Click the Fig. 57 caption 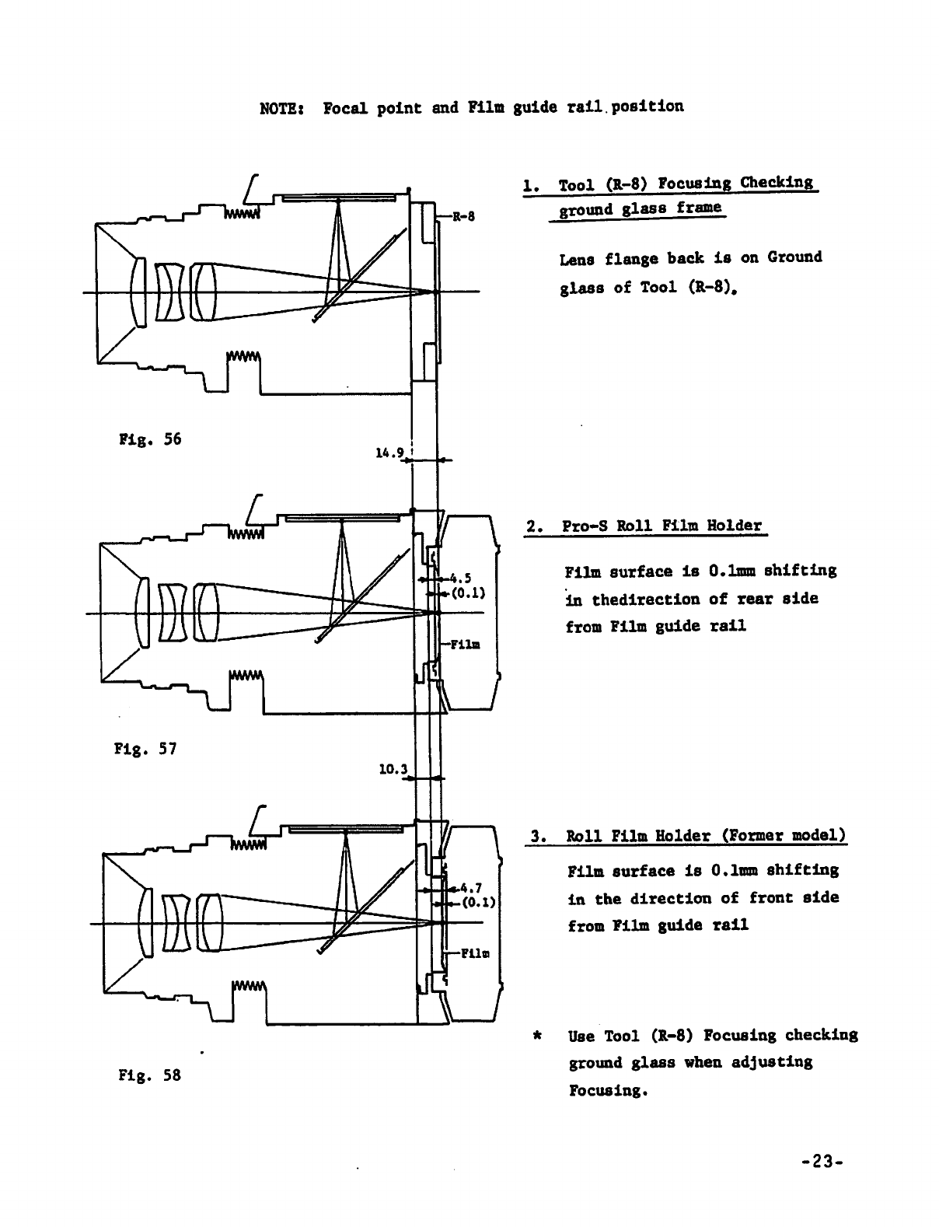coord(145,750)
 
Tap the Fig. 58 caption coord(150,1076)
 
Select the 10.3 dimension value coord(393,770)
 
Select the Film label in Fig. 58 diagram coord(473,953)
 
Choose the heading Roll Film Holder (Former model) coord(706,837)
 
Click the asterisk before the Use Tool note coord(536,1036)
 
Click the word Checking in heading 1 coord(777,183)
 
